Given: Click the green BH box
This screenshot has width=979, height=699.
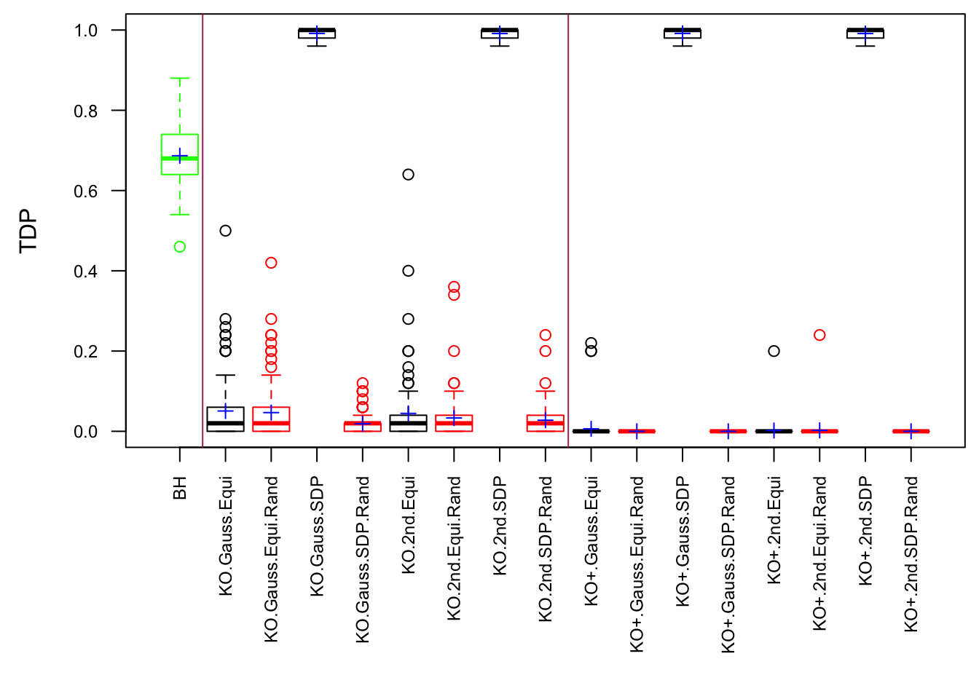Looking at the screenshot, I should (180, 146).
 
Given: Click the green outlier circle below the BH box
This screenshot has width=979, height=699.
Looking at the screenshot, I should (180, 247).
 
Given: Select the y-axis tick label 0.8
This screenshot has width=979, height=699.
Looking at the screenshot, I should (86, 111).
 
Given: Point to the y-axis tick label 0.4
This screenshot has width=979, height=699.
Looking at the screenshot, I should (86, 272).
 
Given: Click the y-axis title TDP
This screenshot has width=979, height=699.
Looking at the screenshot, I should (28, 231).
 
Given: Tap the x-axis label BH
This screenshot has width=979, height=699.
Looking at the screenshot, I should (180, 488).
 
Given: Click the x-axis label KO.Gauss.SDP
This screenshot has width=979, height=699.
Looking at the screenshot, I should (317, 537).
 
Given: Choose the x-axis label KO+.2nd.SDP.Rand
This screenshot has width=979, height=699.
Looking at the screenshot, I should (911, 554).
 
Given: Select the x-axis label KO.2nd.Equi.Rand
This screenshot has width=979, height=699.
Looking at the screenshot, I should (454, 548).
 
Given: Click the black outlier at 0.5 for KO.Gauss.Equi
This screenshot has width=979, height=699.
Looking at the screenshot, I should (226, 231).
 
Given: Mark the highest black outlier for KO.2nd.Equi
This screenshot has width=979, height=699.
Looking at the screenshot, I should (409, 175).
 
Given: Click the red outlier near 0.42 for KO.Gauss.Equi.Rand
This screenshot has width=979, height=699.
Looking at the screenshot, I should (271, 263).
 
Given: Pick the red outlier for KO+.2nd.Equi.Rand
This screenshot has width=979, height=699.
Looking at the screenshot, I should (819, 335).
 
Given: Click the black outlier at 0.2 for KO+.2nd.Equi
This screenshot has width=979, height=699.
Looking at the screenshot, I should (774, 351).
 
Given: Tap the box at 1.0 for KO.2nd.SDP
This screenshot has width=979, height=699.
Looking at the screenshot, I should (500, 33).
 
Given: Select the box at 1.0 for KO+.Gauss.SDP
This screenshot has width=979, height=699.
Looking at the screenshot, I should (683, 33).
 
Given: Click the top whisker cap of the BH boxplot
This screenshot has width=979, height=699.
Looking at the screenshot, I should (180, 78).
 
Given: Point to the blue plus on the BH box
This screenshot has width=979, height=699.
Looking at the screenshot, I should (180, 156).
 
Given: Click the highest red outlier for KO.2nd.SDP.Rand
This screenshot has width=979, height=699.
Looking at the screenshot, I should (546, 335).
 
